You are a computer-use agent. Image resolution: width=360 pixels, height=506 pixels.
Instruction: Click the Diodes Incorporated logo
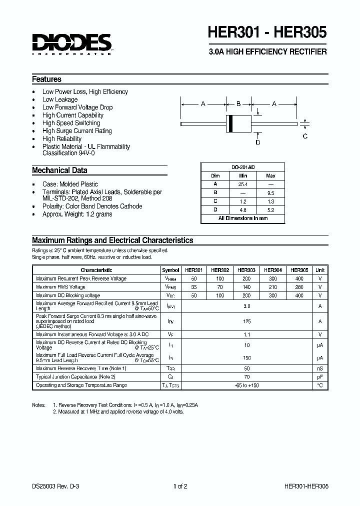72,44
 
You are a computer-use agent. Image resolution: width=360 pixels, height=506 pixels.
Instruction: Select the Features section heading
46,79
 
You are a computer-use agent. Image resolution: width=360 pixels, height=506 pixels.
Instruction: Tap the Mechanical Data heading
59,170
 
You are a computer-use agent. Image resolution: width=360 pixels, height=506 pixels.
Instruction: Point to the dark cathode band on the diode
230,123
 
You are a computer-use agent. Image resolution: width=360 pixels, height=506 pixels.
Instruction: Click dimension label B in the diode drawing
238,104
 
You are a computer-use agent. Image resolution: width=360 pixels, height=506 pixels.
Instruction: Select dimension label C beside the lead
305,136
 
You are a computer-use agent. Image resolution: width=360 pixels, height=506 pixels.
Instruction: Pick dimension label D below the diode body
258,142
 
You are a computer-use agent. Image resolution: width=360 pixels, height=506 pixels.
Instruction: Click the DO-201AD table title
242,168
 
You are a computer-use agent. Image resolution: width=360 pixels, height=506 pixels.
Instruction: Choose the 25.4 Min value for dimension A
243,183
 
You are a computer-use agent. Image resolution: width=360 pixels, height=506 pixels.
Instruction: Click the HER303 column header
246,270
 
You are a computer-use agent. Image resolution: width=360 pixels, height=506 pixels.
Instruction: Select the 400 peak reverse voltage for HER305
299,278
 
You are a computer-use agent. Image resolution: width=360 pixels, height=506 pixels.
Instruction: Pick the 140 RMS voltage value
246,287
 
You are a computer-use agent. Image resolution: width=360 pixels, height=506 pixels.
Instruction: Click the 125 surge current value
246,321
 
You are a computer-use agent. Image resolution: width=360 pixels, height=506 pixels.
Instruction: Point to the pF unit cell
319,376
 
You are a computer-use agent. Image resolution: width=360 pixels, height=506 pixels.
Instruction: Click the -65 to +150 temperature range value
246,385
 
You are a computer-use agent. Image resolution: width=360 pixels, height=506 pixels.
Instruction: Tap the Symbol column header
170,270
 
